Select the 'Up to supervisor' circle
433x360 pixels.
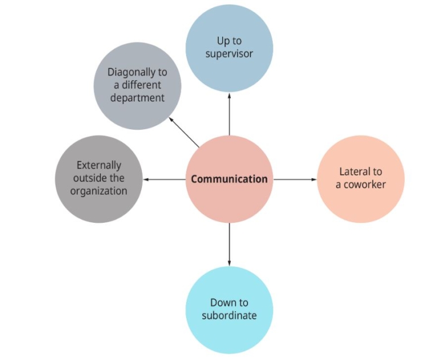[x=229, y=49]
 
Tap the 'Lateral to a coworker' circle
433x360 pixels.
[x=361, y=179]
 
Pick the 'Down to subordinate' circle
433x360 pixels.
[x=229, y=309]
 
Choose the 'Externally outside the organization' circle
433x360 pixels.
[x=99, y=179]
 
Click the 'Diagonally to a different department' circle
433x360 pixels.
[x=137, y=86]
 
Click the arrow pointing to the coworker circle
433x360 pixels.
[x=295, y=179]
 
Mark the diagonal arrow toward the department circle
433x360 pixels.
[x=184, y=133]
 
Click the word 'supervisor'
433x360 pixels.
[x=229, y=54]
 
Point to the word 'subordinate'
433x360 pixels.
[x=229, y=315]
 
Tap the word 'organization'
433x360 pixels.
[x=99, y=191]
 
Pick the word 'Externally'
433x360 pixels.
[x=99, y=166]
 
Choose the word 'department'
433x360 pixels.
[x=137, y=98]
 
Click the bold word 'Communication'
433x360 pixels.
[x=229, y=179]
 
